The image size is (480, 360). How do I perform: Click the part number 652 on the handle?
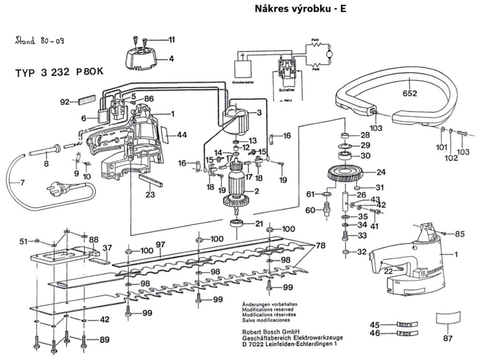tap(409, 93)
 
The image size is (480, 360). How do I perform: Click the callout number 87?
tap(449, 337)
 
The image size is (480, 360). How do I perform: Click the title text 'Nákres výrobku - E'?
tap(300, 8)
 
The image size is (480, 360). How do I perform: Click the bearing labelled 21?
tap(237, 224)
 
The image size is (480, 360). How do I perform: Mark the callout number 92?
tap(65, 102)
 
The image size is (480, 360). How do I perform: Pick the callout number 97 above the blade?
tap(161, 244)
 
